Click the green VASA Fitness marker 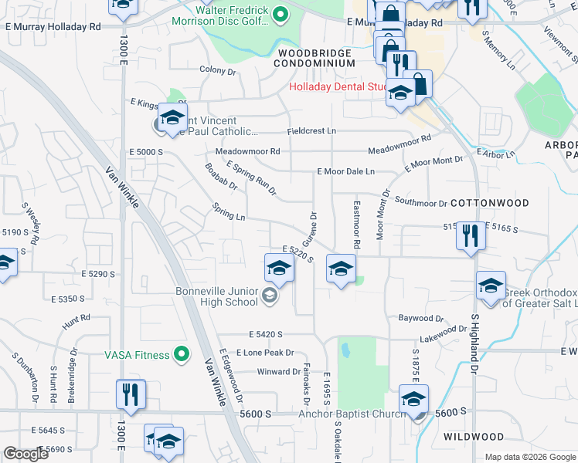coord(182,354)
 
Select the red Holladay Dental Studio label coord(338,87)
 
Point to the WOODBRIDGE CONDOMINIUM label coord(314,59)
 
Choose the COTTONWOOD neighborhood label coord(490,203)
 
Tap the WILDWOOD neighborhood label coord(474,437)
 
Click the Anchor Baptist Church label coord(352,414)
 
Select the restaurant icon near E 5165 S coord(470,235)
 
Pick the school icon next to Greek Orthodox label coord(491,286)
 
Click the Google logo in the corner coord(25,454)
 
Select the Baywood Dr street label coord(420,318)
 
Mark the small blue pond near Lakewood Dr coord(345,352)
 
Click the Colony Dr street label coord(217,70)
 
